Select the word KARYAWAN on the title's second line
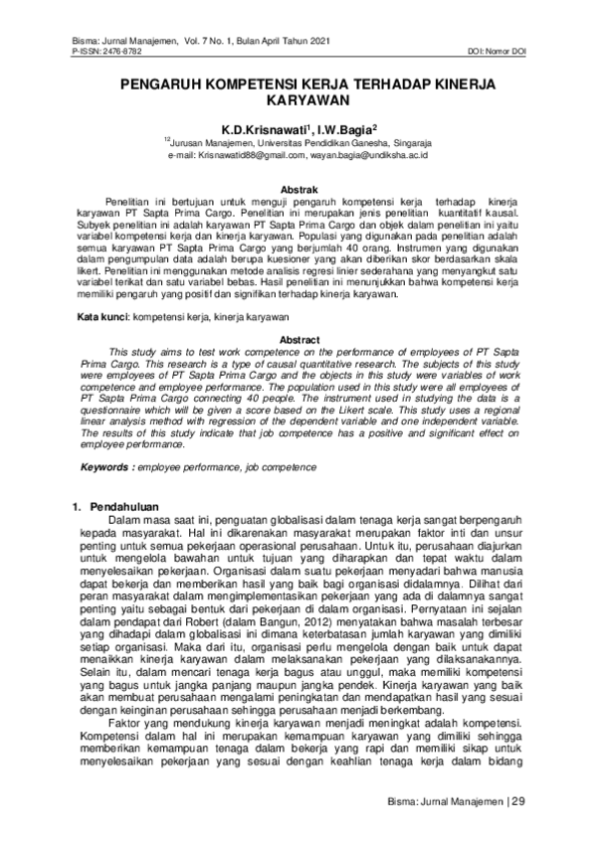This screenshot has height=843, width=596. pyautogui.click(x=298, y=101)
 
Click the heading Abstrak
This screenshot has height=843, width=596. pyautogui.click(x=299, y=189)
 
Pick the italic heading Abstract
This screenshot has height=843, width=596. pyautogui.click(x=299, y=341)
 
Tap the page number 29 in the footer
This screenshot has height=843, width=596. pyautogui.click(x=517, y=801)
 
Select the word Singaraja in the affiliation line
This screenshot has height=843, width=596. pyautogui.click(x=408, y=143)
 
